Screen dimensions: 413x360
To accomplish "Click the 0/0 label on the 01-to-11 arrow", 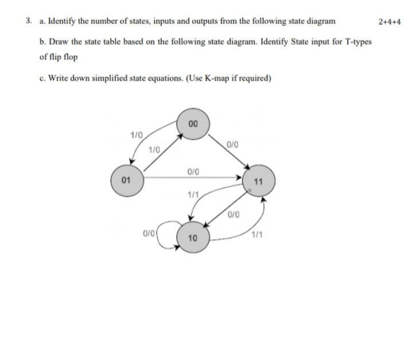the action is [x=193, y=171].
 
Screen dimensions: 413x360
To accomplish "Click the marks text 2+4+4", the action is [x=390, y=22].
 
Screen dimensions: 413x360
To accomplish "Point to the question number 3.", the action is [x=29, y=22].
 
